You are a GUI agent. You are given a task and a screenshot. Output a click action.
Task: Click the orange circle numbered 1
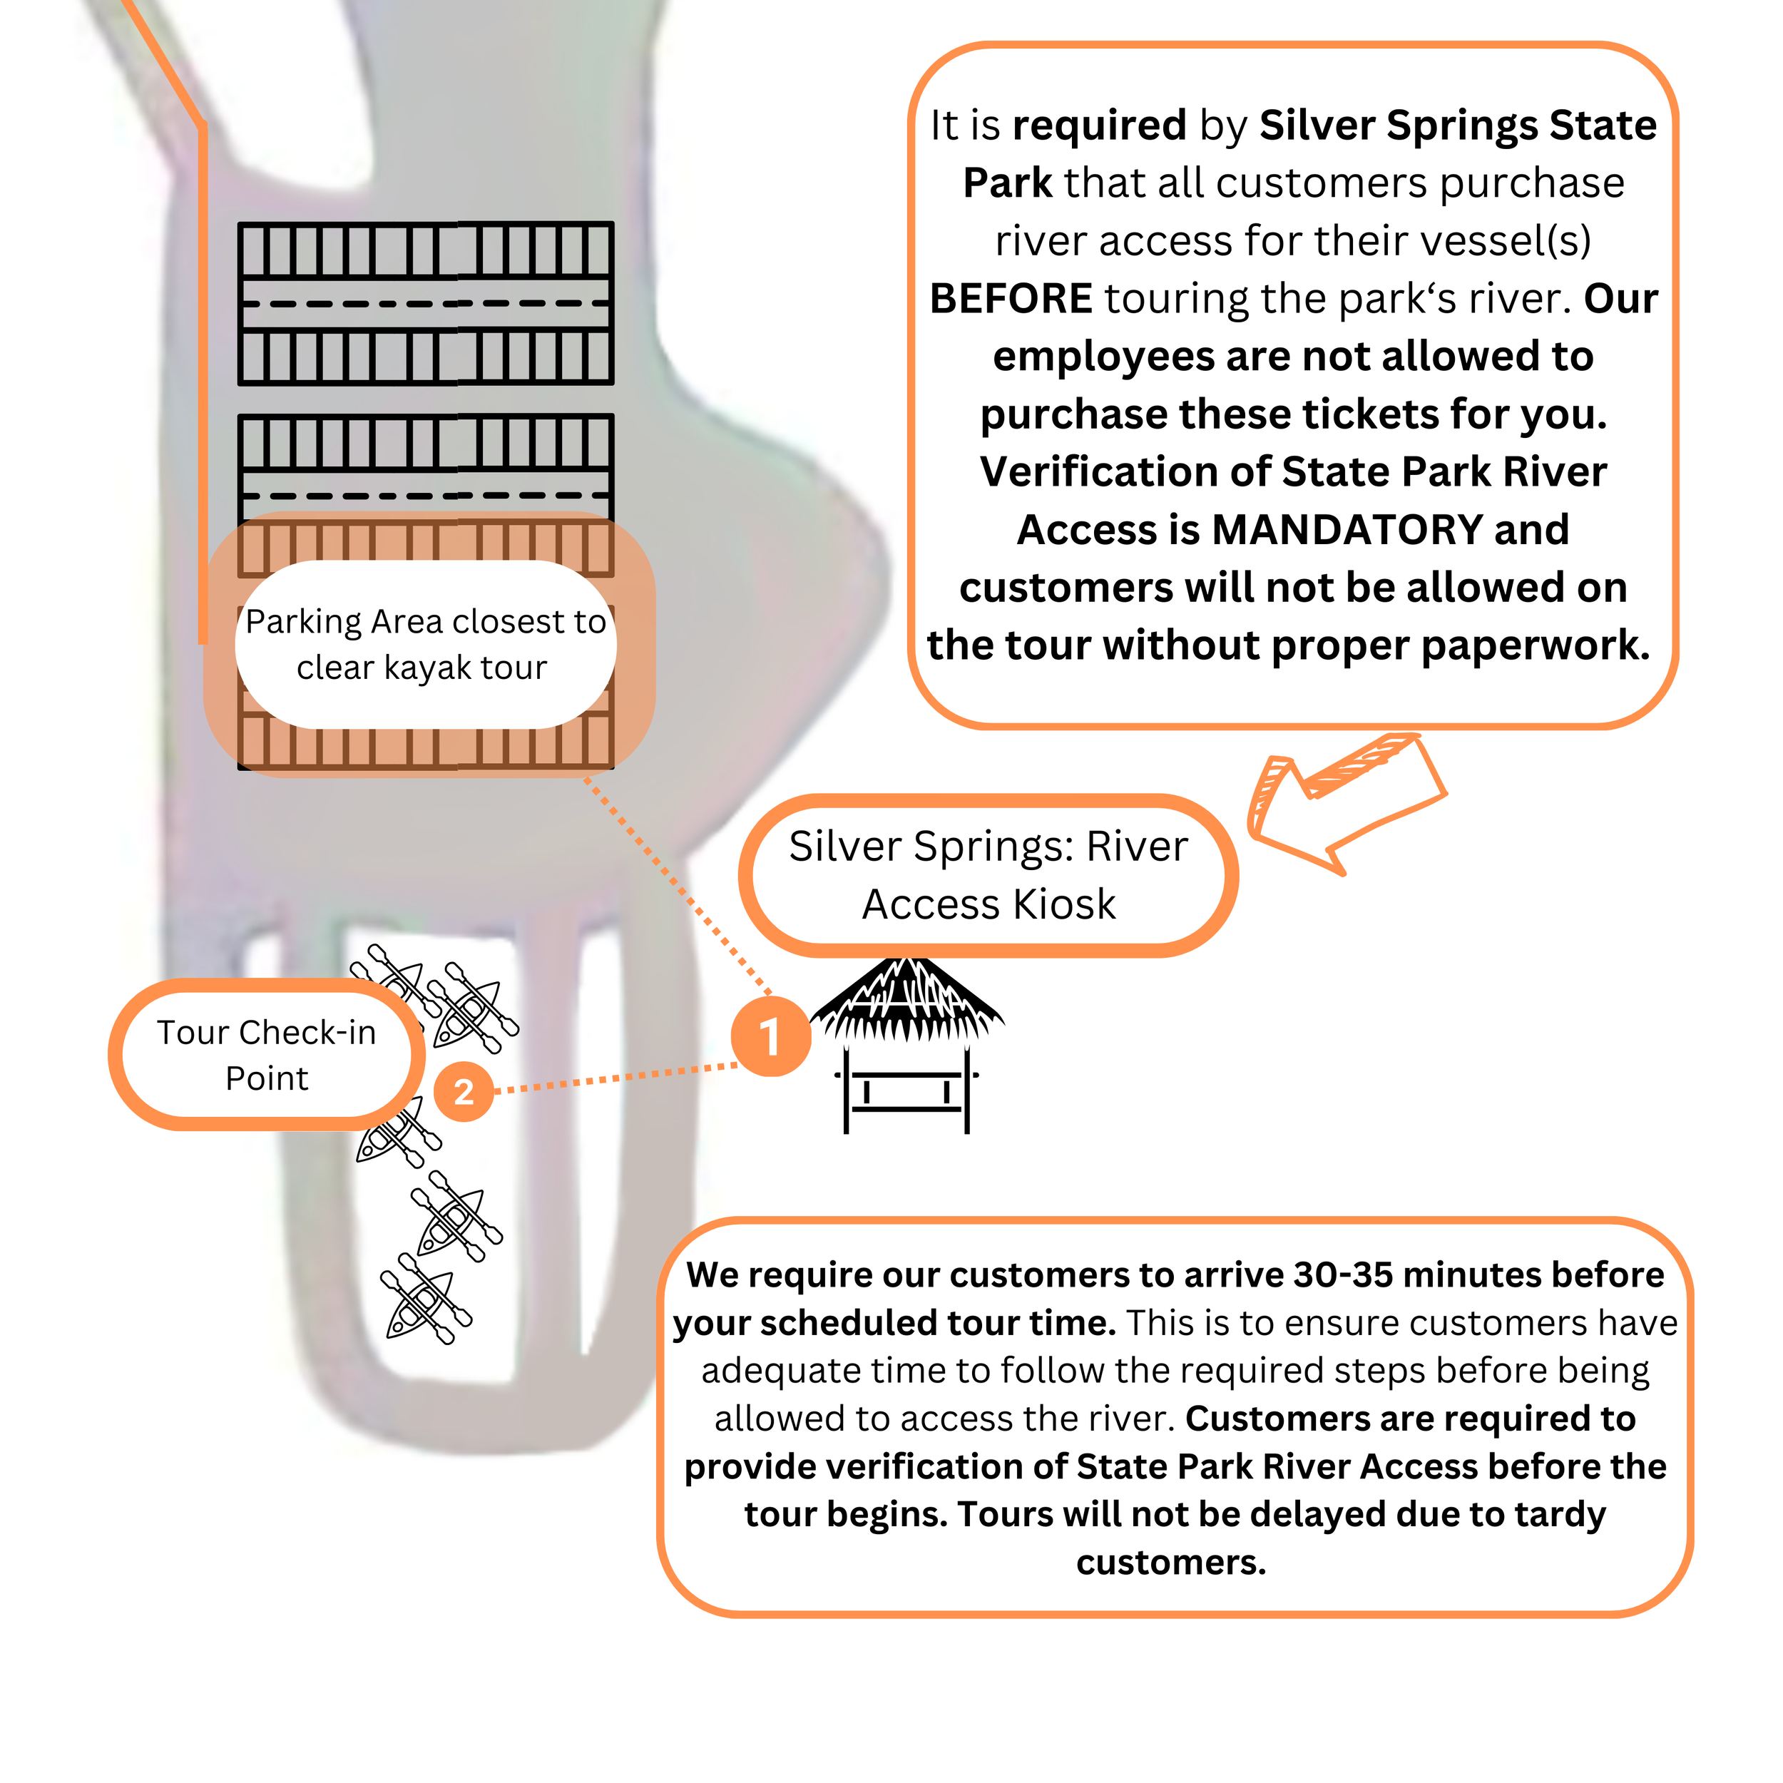click(770, 1036)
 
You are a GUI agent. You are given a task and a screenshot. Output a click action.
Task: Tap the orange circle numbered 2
click(464, 1092)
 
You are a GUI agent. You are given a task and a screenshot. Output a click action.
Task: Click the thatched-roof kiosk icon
click(906, 1043)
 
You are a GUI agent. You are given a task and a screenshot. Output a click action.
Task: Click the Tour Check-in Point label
click(267, 1055)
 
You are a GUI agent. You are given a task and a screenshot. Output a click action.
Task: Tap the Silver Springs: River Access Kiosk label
click(988, 875)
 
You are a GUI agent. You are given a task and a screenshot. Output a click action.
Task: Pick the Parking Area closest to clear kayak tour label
click(424, 644)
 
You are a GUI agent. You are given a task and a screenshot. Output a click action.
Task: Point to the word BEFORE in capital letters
click(1011, 298)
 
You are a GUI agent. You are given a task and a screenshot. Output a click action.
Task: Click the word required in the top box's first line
click(1099, 125)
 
